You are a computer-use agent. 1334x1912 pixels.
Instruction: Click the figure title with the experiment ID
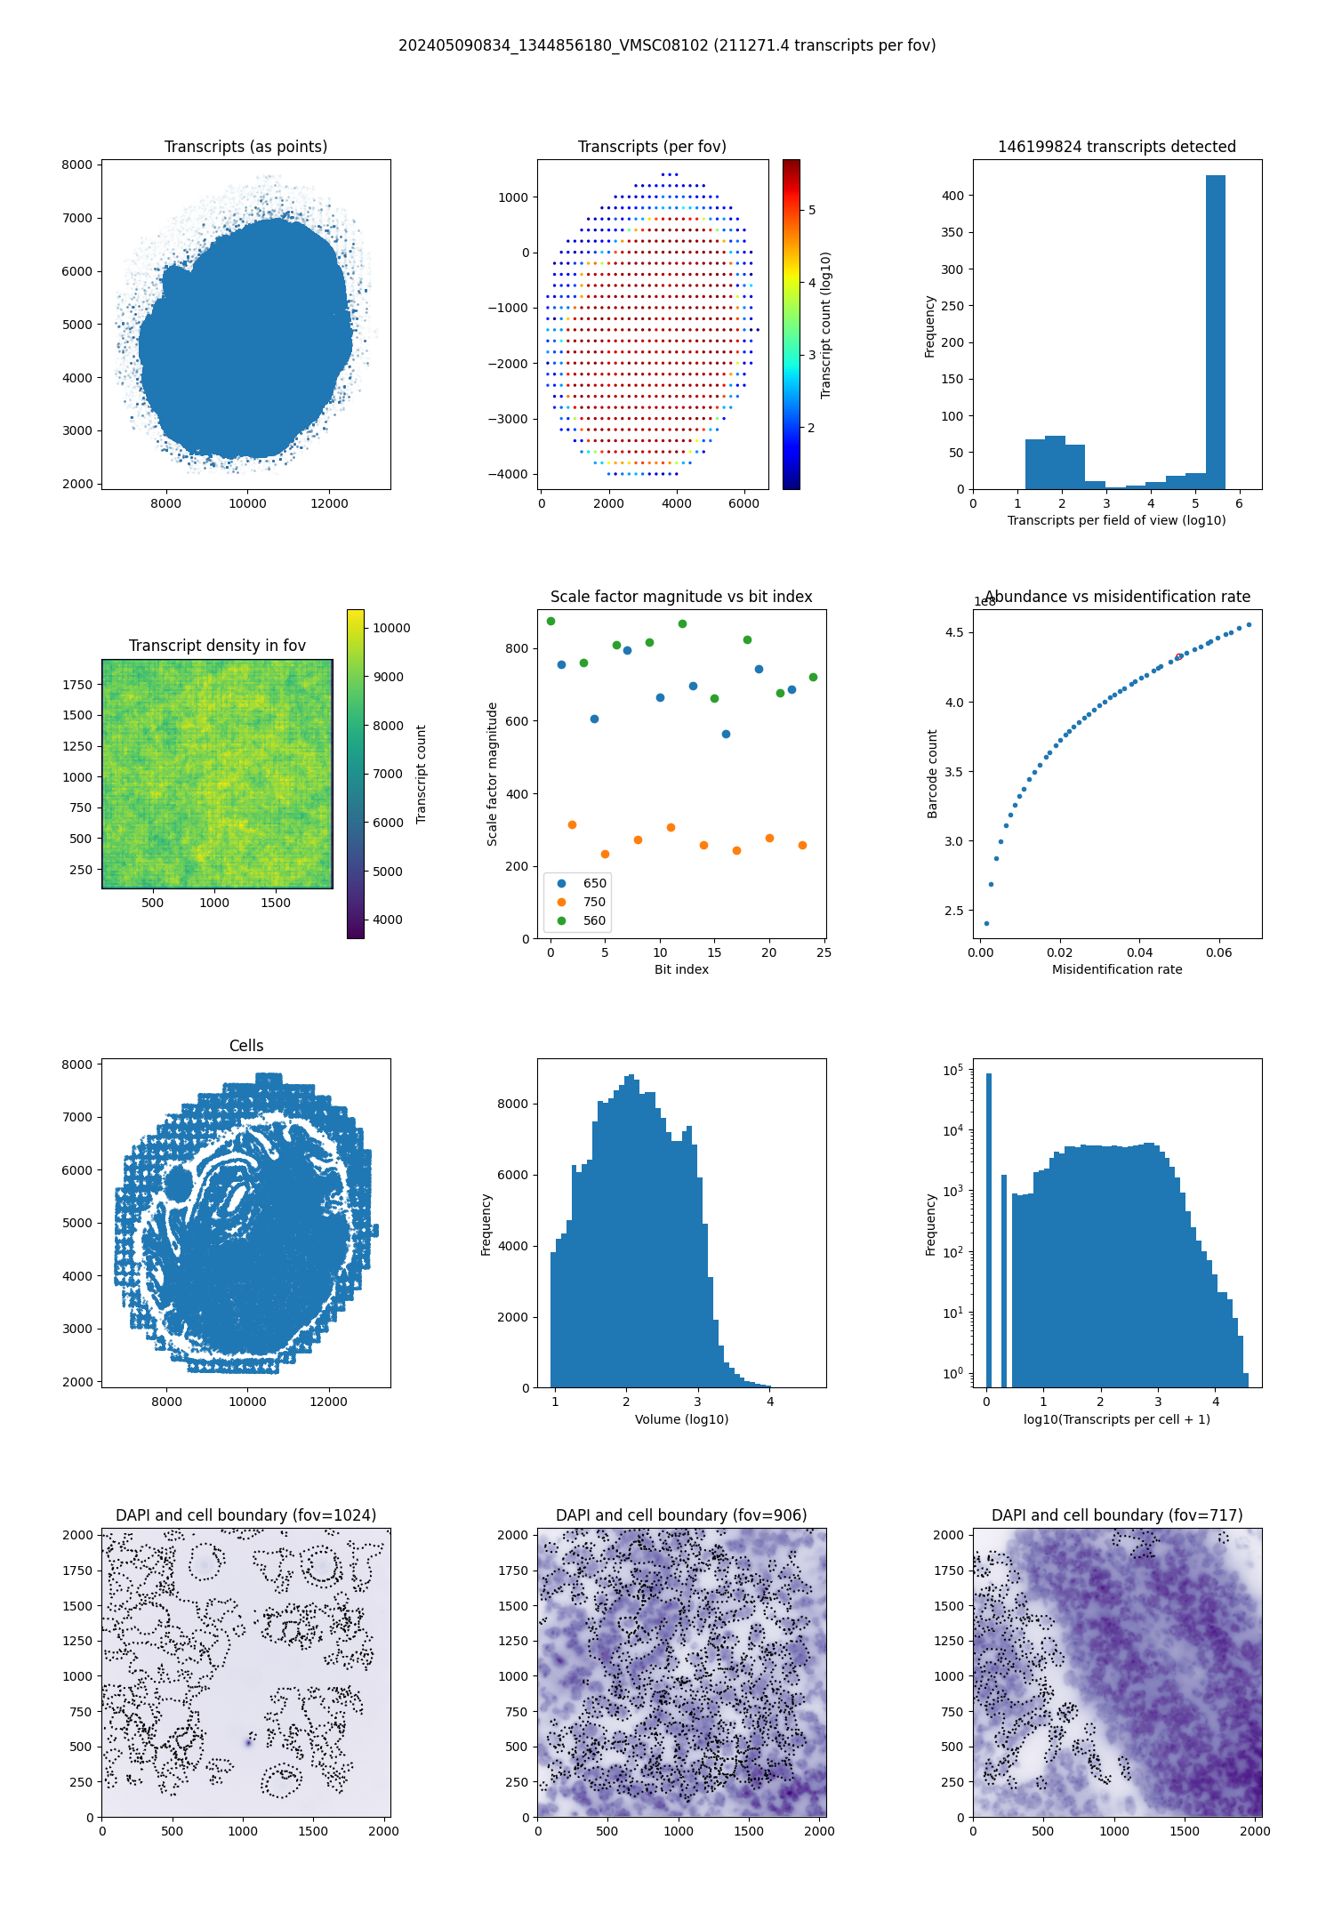[x=667, y=45]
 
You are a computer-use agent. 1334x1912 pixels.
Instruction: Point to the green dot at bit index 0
[x=550, y=621]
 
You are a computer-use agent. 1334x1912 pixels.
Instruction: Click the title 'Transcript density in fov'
[x=217, y=646]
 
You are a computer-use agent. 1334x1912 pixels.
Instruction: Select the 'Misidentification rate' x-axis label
[x=1117, y=969]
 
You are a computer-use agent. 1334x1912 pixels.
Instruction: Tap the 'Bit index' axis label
[x=681, y=969]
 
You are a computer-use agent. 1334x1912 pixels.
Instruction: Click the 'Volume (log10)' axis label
[x=681, y=1419]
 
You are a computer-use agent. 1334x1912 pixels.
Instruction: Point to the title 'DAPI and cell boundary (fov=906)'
[x=681, y=1515]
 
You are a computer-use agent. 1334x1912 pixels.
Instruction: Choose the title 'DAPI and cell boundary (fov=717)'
[x=1117, y=1515]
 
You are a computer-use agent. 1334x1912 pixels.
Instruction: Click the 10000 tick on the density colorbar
[x=391, y=628]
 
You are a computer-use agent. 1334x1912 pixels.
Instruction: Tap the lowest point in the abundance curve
[x=986, y=923]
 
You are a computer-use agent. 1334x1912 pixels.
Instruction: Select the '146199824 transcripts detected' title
[x=1117, y=147]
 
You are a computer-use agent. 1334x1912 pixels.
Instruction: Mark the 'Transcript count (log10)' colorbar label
[x=825, y=325]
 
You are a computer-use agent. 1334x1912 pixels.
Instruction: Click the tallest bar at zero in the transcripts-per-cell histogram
[x=988, y=1227]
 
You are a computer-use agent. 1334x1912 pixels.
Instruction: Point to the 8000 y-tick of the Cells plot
[x=78, y=1064]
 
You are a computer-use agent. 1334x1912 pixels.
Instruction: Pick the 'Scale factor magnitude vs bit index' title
[x=681, y=597]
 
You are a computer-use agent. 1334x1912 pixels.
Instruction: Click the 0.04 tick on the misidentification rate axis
[x=1139, y=952]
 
